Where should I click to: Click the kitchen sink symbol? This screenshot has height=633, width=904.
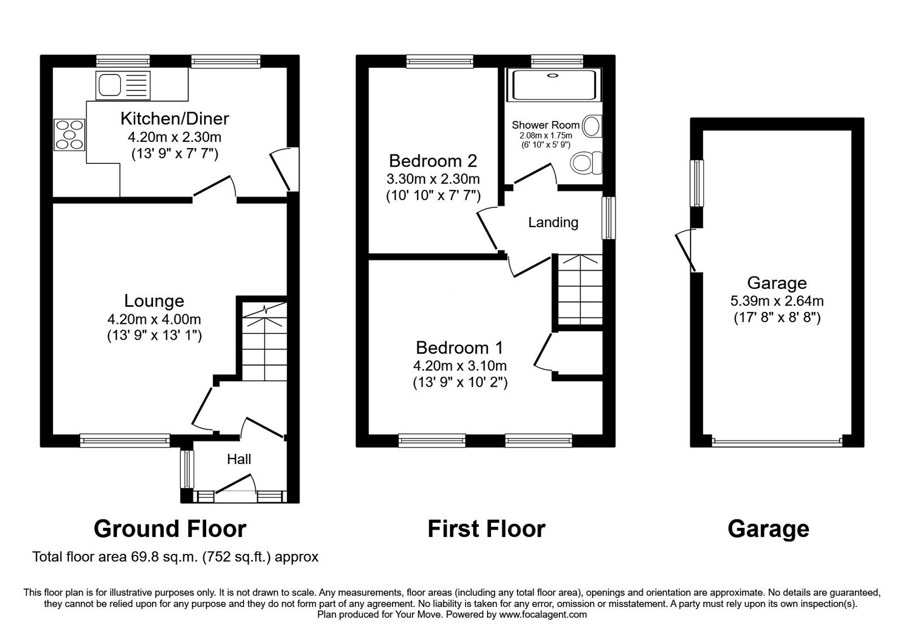(x=123, y=85)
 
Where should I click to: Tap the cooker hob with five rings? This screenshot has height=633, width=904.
(x=69, y=135)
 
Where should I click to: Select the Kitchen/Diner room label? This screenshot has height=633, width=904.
(x=175, y=119)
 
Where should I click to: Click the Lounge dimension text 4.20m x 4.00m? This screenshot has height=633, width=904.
(x=154, y=320)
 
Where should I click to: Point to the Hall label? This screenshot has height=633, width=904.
(x=239, y=459)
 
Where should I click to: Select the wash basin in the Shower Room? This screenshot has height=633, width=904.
(x=592, y=126)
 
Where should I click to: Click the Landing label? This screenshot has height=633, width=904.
(x=553, y=223)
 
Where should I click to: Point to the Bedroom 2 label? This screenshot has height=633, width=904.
(x=433, y=161)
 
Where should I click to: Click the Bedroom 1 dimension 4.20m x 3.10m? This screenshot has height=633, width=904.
(x=460, y=366)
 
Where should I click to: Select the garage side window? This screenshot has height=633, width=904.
(x=698, y=183)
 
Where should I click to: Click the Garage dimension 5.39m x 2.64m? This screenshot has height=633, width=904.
(x=777, y=301)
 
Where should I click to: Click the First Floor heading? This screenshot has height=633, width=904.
(x=486, y=529)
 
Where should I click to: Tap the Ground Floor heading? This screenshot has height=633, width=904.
(x=169, y=529)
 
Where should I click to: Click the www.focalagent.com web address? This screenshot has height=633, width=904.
(x=543, y=614)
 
